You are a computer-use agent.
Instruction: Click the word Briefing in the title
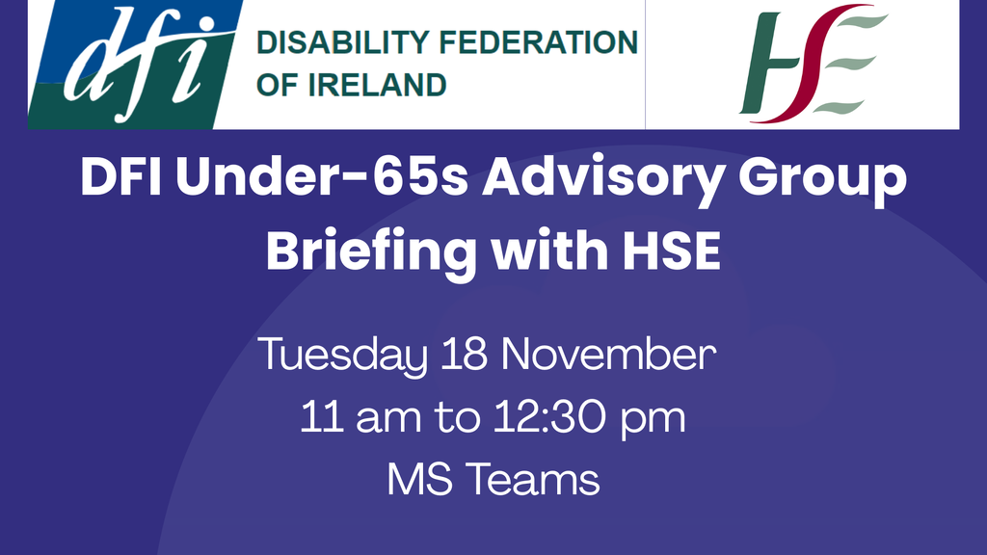(371, 252)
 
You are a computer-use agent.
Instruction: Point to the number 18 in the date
(462, 357)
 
